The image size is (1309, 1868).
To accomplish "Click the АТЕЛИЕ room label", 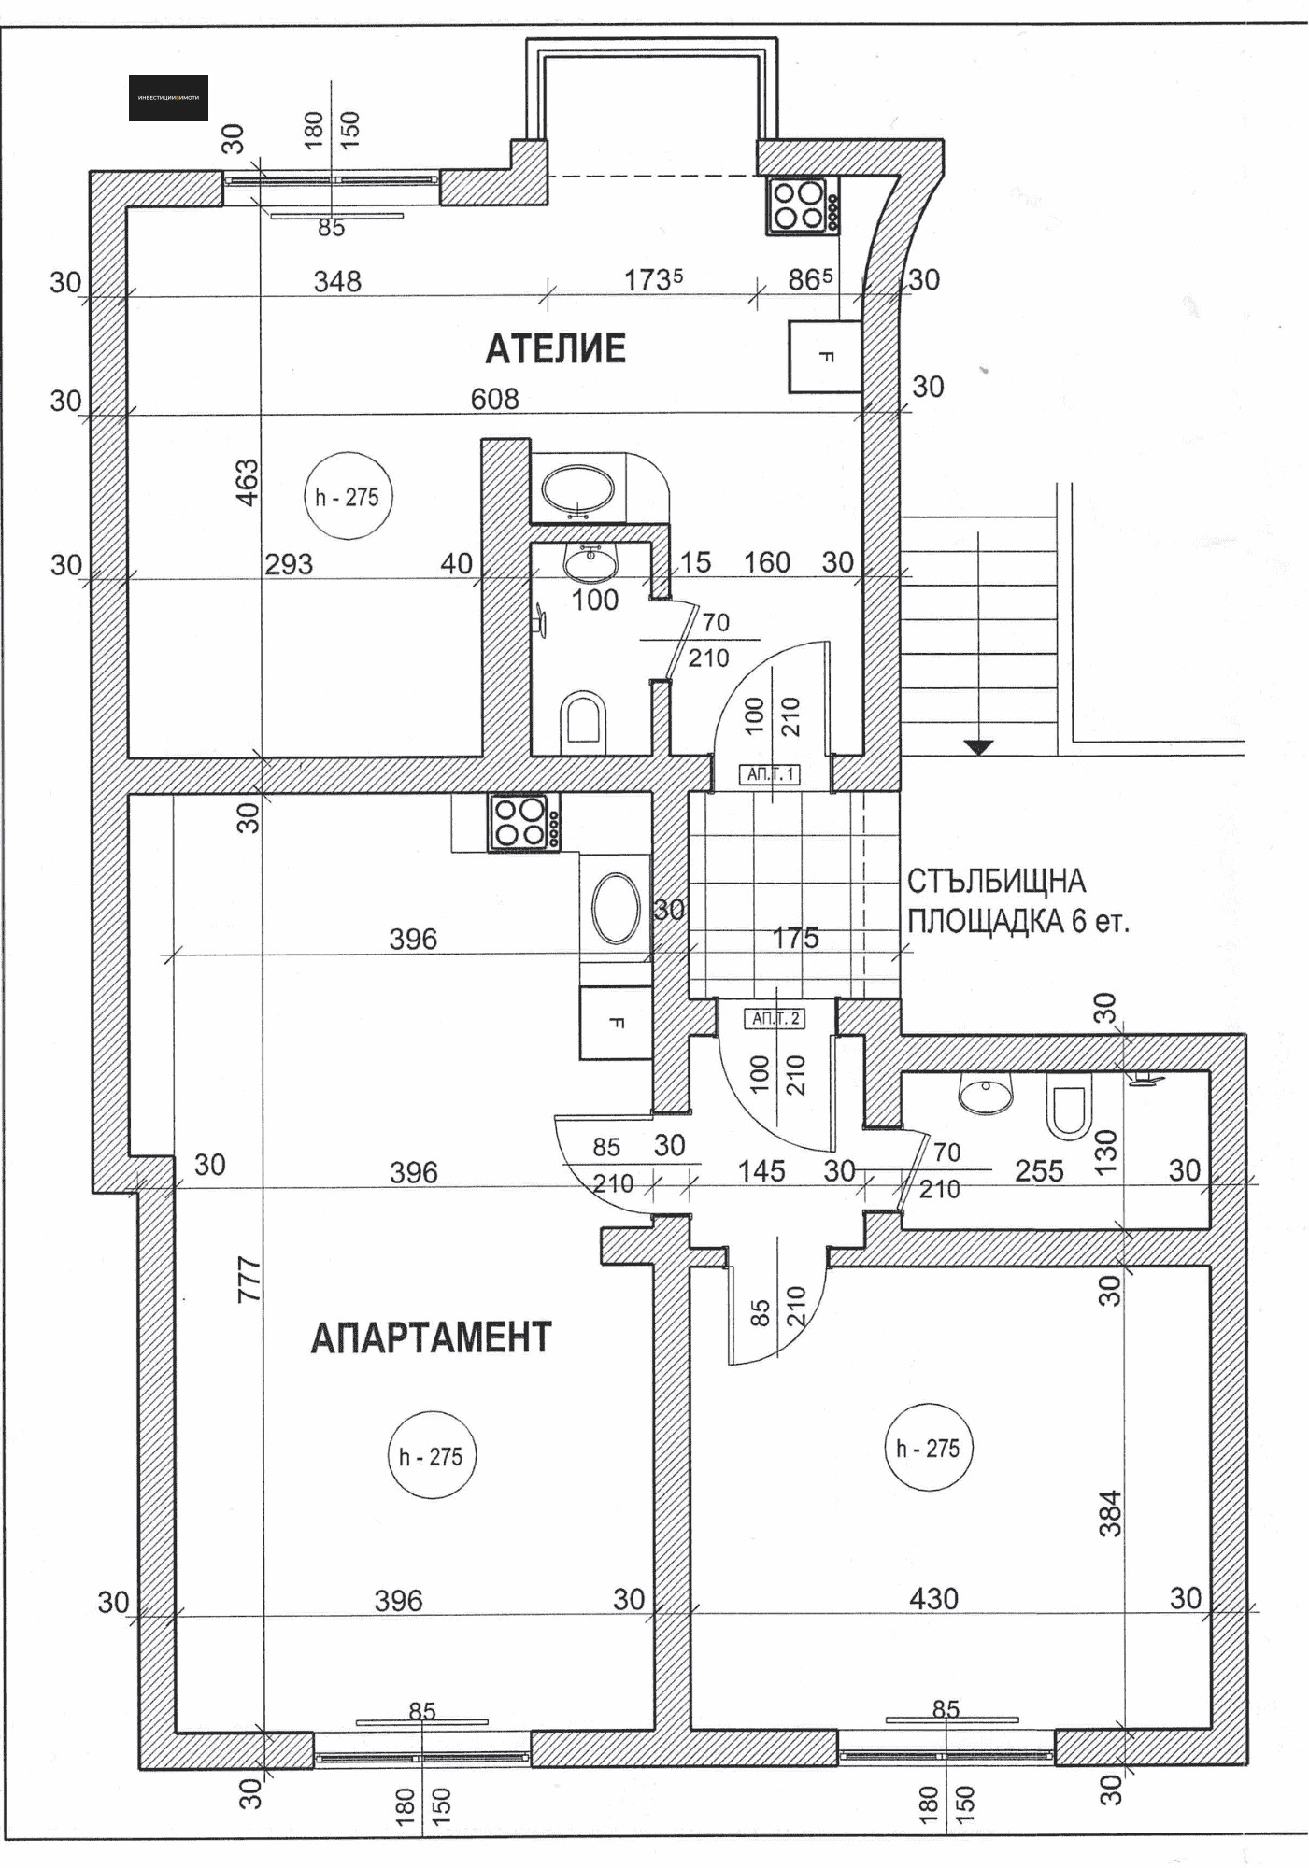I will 555,348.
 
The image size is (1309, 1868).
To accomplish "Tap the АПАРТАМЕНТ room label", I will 431,1337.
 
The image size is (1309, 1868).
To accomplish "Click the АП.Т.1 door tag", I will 772,773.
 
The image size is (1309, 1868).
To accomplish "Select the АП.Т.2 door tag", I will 775,1018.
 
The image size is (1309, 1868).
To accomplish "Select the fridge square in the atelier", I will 824,357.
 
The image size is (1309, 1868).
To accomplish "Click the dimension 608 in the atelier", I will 494,399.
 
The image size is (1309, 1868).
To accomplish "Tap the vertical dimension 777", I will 249,1280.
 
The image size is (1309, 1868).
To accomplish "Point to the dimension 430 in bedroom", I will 933,1599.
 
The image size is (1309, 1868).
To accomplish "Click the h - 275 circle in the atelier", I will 348,497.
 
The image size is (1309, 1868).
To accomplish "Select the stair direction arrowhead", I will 978,746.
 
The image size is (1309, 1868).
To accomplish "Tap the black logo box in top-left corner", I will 168,98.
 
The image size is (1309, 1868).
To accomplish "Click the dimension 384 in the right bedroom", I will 1109,1513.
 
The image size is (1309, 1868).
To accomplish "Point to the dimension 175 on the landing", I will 796,937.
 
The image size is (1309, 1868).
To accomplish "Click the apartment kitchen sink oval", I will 616,908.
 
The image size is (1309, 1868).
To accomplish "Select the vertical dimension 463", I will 247,482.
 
